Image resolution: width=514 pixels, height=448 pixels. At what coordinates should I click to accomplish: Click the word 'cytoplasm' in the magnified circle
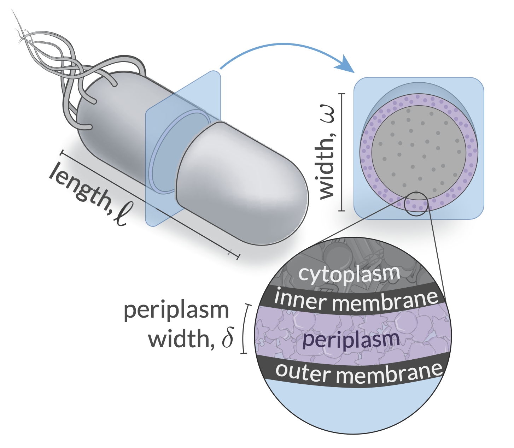click(349, 274)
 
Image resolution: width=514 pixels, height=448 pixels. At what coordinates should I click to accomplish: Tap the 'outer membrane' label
click(359, 372)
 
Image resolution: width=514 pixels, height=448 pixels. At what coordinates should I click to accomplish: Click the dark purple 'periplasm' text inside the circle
click(351, 340)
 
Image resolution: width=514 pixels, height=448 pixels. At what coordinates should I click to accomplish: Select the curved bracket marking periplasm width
click(245, 329)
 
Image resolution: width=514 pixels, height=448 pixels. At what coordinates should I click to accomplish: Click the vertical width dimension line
click(341, 152)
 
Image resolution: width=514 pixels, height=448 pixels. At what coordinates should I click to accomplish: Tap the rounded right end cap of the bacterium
click(283, 198)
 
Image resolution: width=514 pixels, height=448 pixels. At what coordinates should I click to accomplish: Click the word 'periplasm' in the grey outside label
click(176, 311)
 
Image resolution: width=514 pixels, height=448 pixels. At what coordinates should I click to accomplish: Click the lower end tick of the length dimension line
click(238, 257)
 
